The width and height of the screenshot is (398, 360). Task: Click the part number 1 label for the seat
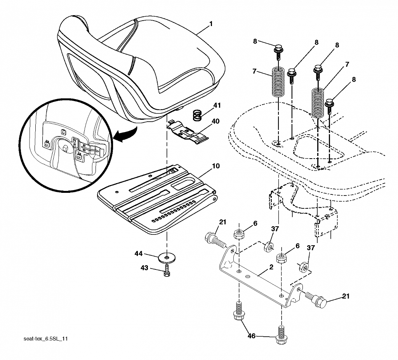click(211, 24)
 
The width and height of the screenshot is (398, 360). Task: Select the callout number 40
click(215, 121)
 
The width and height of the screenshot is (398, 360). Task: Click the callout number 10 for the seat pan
click(216, 166)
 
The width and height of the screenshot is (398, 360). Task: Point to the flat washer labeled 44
click(167, 258)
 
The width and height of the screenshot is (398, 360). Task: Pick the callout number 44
click(139, 253)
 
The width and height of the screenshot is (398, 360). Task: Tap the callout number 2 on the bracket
click(271, 267)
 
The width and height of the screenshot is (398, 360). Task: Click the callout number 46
click(251, 336)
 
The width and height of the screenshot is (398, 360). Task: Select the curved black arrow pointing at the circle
click(126, 134)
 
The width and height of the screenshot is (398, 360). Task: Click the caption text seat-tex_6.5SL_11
click(45, 339)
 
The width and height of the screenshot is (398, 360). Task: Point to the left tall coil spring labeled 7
click(278, 81)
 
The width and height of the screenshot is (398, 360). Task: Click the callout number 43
click(144, 268)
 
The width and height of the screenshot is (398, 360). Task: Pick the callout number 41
click(217, 105)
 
